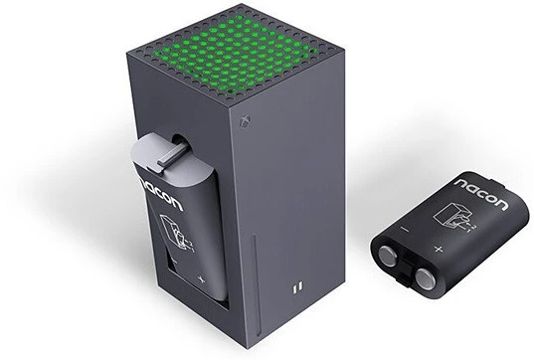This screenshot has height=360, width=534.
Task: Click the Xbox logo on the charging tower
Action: click(x=246, y=121)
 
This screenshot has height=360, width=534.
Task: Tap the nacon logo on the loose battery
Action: click(x=482, y=193)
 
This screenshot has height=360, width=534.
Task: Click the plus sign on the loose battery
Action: click(x=439, y=250)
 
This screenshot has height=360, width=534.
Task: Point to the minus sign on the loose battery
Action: click(x=405, y=229)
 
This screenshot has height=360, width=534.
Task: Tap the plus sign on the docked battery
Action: click(x=202, y=279)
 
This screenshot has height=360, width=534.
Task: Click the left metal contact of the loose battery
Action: click(x=389, y=257)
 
